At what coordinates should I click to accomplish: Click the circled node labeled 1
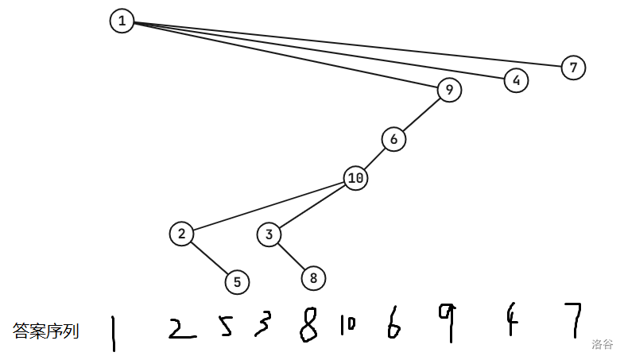pos(122,21)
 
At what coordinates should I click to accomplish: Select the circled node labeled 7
pos(573,68)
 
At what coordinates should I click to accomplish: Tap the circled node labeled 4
pos(516,80)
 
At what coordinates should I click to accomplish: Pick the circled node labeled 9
pos(449,91)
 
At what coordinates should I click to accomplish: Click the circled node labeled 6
pos(393,139)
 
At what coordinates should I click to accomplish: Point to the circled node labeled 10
pos(356,178)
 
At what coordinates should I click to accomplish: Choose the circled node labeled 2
pos(182,234)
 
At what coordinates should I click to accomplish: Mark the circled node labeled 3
pos(269,234)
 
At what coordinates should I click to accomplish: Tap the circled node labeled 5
pos(237,281)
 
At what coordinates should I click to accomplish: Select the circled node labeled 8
pos(313,278)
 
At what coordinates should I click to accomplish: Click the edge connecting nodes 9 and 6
pos(421,115)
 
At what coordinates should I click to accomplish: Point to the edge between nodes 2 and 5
pos(209,257)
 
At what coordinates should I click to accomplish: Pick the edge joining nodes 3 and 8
pos(291,256)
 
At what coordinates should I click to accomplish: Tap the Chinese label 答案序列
pos(46,331)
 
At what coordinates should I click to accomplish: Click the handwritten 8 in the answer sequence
pos(308,326)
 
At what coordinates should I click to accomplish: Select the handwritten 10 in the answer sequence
pos(347,324)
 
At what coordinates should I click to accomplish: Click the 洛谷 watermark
pos(603,344)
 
